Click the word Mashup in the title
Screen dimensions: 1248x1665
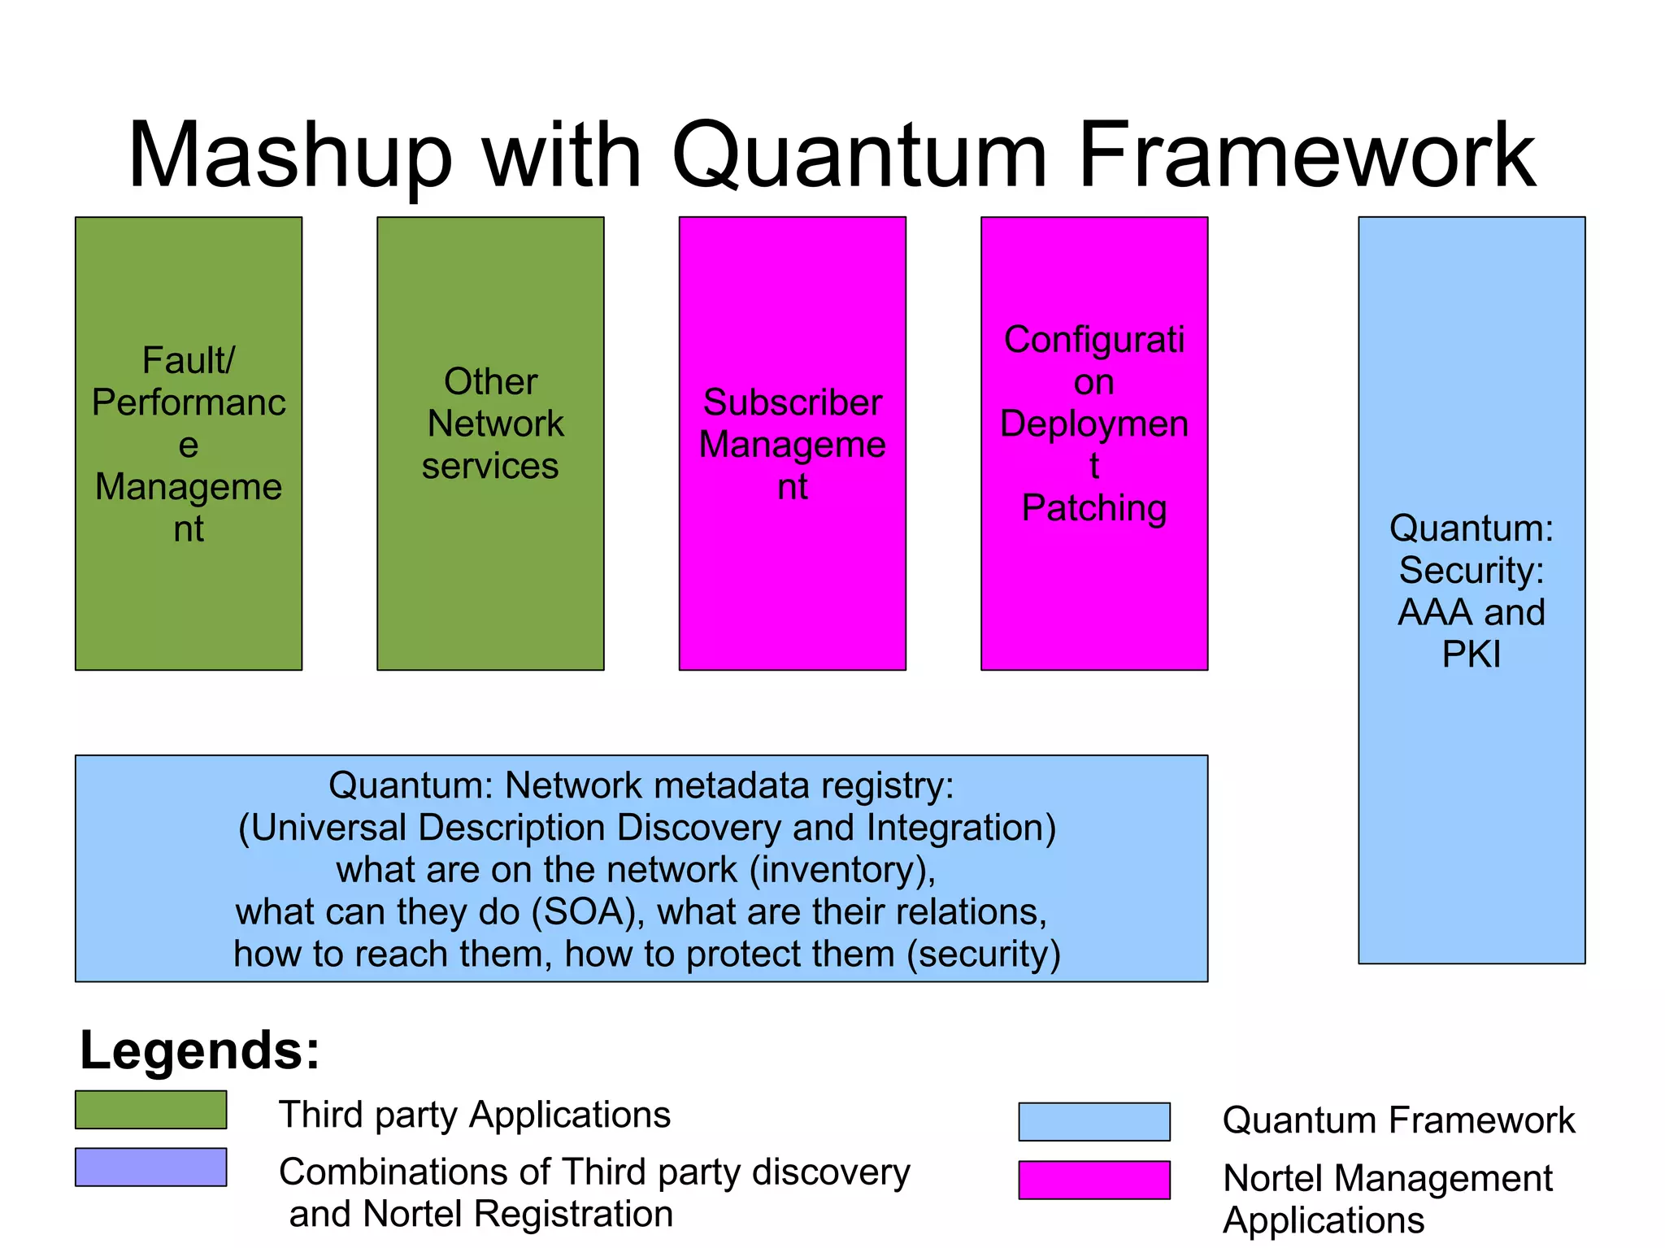(289, 156)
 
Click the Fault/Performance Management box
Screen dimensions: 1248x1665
(189, 443)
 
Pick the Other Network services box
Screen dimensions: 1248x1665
(490, 443)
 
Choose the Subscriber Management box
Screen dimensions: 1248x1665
(792, 443)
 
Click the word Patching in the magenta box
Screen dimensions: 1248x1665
(1093, 508)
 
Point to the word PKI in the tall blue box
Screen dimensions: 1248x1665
(1471, 654)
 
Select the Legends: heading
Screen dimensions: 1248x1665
(200, 1050)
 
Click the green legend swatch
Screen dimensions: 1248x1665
(150, 1110)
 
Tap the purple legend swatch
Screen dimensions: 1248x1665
(150, 1167)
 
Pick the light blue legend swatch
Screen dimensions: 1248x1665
(1093, 1122)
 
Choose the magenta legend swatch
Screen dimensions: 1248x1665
(1093, 1180)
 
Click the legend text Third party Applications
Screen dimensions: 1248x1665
(475, 1115)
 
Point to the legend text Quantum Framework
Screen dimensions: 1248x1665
(1398, 1120)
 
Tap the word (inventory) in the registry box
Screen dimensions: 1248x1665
(842, 870)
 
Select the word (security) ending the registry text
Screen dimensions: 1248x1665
(984, 954)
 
